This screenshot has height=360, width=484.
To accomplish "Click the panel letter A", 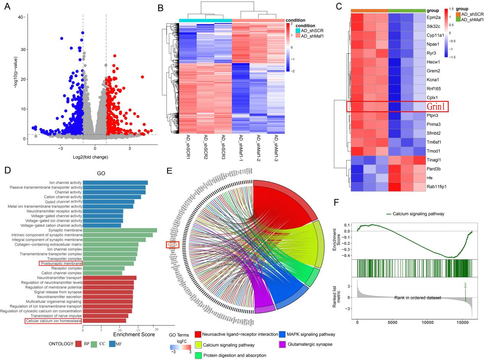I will (8, 7).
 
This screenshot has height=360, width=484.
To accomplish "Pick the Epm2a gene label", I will (435, 17).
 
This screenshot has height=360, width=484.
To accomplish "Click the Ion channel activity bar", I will (115, 183).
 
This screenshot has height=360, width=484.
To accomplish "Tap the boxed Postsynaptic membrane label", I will (60, 263).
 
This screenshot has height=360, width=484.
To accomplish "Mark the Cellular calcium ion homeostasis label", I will (53, 321).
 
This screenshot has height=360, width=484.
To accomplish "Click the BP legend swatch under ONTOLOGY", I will (79, 344).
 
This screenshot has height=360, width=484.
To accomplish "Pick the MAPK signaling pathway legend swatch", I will (283, 334).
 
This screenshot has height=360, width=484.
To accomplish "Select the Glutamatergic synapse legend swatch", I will (283, 344).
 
